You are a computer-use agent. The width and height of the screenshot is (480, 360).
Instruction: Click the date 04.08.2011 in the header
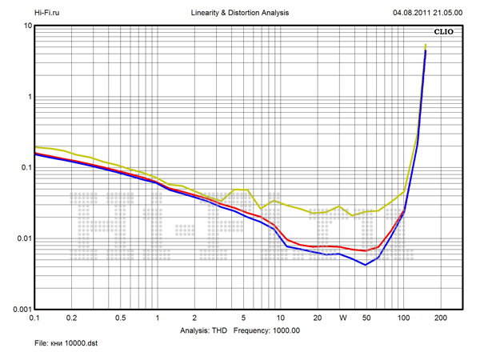tap(414, 14)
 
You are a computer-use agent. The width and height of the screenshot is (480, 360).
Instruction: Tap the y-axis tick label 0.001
tap(20, 309)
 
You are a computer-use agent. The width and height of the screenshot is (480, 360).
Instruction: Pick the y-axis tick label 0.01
tap(22, 238)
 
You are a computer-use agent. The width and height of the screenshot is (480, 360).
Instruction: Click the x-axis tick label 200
tap(438, 318)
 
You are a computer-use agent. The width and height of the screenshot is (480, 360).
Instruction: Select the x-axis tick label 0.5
tap(120, 318)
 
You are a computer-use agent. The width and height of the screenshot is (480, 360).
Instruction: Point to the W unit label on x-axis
tap(342, 318)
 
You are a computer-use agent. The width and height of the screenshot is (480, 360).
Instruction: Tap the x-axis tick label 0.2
tap(71, 318)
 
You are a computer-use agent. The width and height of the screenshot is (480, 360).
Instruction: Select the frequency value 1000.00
tap(284, 330)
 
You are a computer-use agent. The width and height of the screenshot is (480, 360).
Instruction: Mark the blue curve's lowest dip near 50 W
tap(366, 264)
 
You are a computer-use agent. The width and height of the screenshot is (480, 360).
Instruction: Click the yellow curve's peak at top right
tap(426, 45)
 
